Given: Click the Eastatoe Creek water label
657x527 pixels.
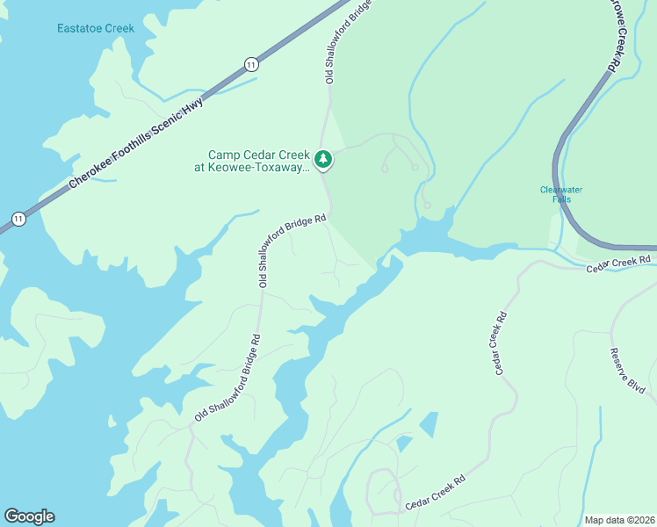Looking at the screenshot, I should click(96, 28).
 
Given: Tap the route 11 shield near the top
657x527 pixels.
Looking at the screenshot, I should click(252, 64).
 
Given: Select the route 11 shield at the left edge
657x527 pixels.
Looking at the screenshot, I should click(18, 219).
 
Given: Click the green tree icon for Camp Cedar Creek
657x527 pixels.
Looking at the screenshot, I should click(324, 159).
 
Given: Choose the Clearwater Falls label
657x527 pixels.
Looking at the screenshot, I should click(560, 194).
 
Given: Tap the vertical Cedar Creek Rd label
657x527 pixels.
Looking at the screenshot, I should click(502, 343).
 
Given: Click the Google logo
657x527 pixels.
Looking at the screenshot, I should click(29, 516).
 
